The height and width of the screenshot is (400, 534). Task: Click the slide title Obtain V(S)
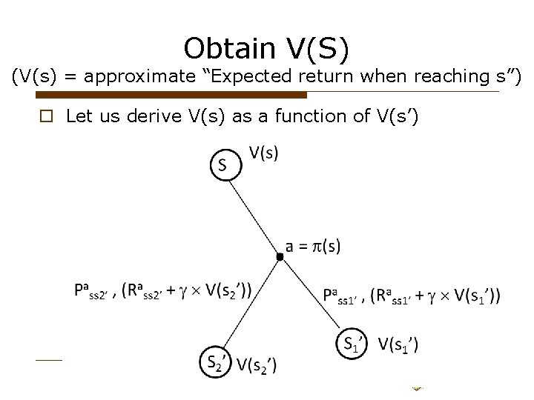tap(266, 48)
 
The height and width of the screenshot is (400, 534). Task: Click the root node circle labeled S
tap(225, 164)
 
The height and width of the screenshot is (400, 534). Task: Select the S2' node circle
tap(215, 361)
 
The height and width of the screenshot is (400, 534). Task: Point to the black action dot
tap(280, 256)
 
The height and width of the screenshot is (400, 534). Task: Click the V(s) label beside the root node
tap(263, 153)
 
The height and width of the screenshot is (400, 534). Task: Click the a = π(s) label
tap(314, 247)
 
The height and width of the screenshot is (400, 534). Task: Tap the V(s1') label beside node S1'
tap(398, 344)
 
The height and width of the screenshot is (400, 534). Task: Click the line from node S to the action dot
tap(254, 213)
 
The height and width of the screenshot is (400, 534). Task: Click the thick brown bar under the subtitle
tap(171, 95)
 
